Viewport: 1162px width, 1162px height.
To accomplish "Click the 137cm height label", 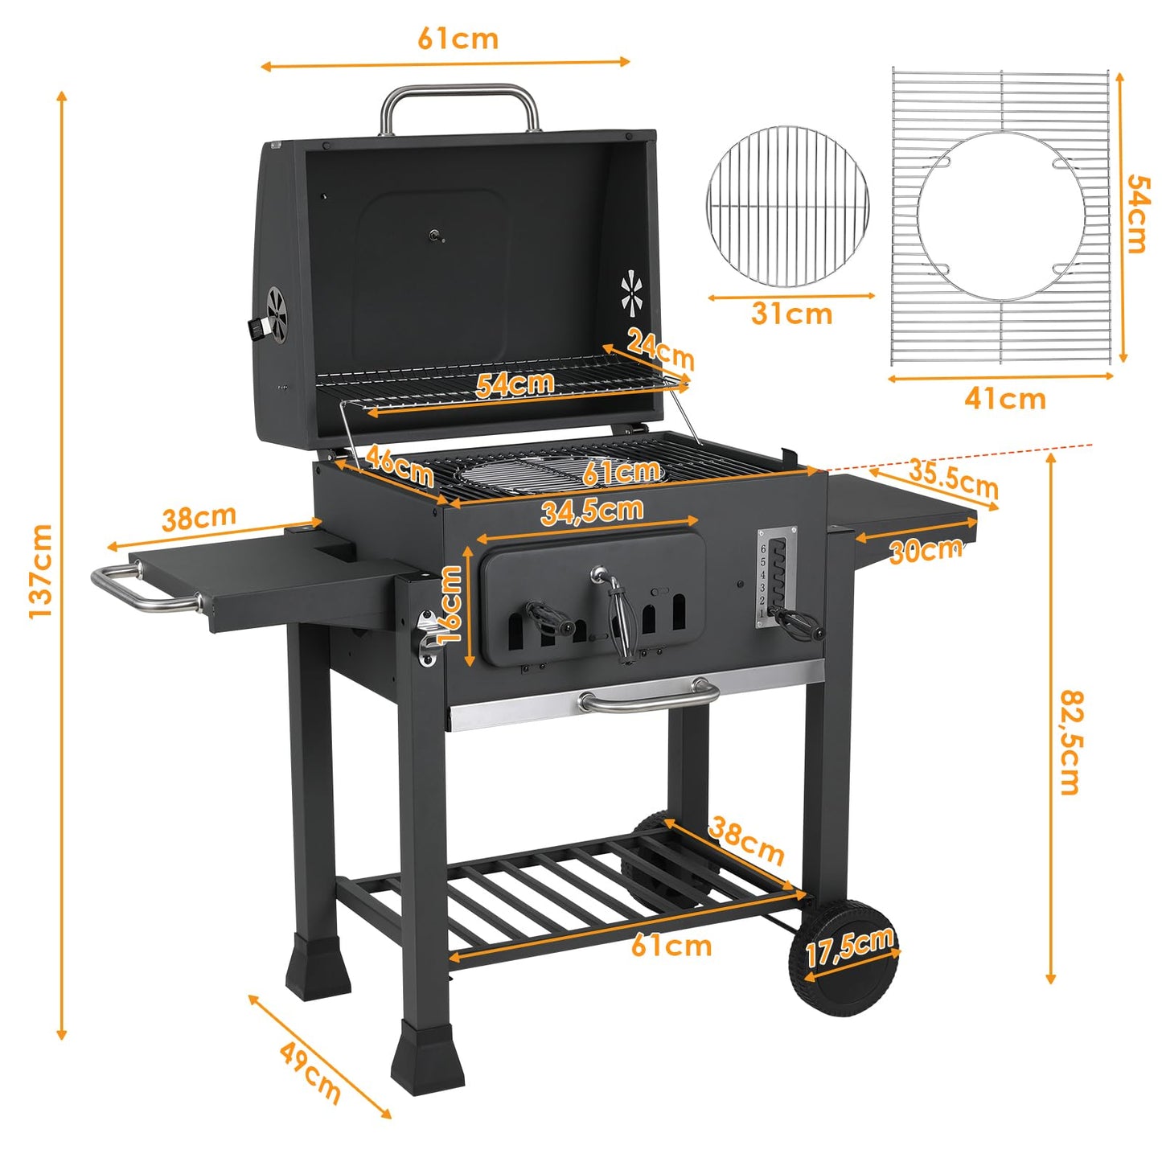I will [x=40, y=570].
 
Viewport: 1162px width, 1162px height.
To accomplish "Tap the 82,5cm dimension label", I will [x=1070, y=741].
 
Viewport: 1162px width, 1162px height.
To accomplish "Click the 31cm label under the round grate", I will [x=791, y=314].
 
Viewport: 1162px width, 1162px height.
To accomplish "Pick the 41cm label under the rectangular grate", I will [x=1005, y=398].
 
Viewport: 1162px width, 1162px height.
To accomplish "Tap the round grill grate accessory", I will [x=787, y=206].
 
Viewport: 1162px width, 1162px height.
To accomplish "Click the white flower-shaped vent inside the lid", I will [x=631, y=294].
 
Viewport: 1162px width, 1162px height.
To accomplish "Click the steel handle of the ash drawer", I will [x=649, y=699].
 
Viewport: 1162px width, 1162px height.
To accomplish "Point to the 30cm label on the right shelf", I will [x=926, y=550].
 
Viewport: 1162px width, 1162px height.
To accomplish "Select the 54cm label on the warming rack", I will [x=515, y=384].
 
